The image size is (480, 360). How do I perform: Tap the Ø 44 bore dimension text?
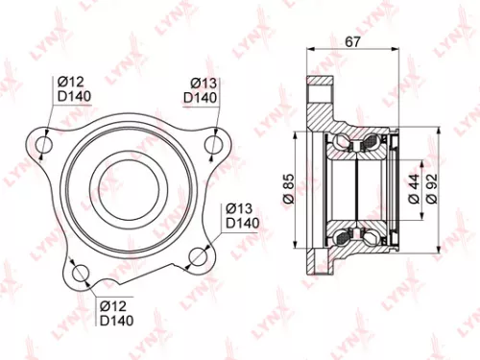tap(410, 186)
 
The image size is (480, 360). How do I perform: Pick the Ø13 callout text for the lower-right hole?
tap(239, 208)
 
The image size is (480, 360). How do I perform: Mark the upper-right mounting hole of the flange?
tap(215, 143)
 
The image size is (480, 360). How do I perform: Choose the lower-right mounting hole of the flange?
tap(198, 256)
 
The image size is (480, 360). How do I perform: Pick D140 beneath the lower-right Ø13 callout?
tap(242, 224)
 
